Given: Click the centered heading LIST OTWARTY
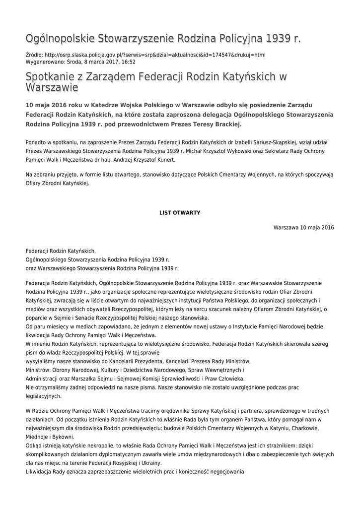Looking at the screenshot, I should point(180,212).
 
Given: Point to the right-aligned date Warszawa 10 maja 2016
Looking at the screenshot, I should point(303,228).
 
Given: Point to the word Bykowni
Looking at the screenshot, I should point(61,437).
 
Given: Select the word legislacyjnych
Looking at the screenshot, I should point(43,396).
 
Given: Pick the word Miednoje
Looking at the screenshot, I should point(38,437).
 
